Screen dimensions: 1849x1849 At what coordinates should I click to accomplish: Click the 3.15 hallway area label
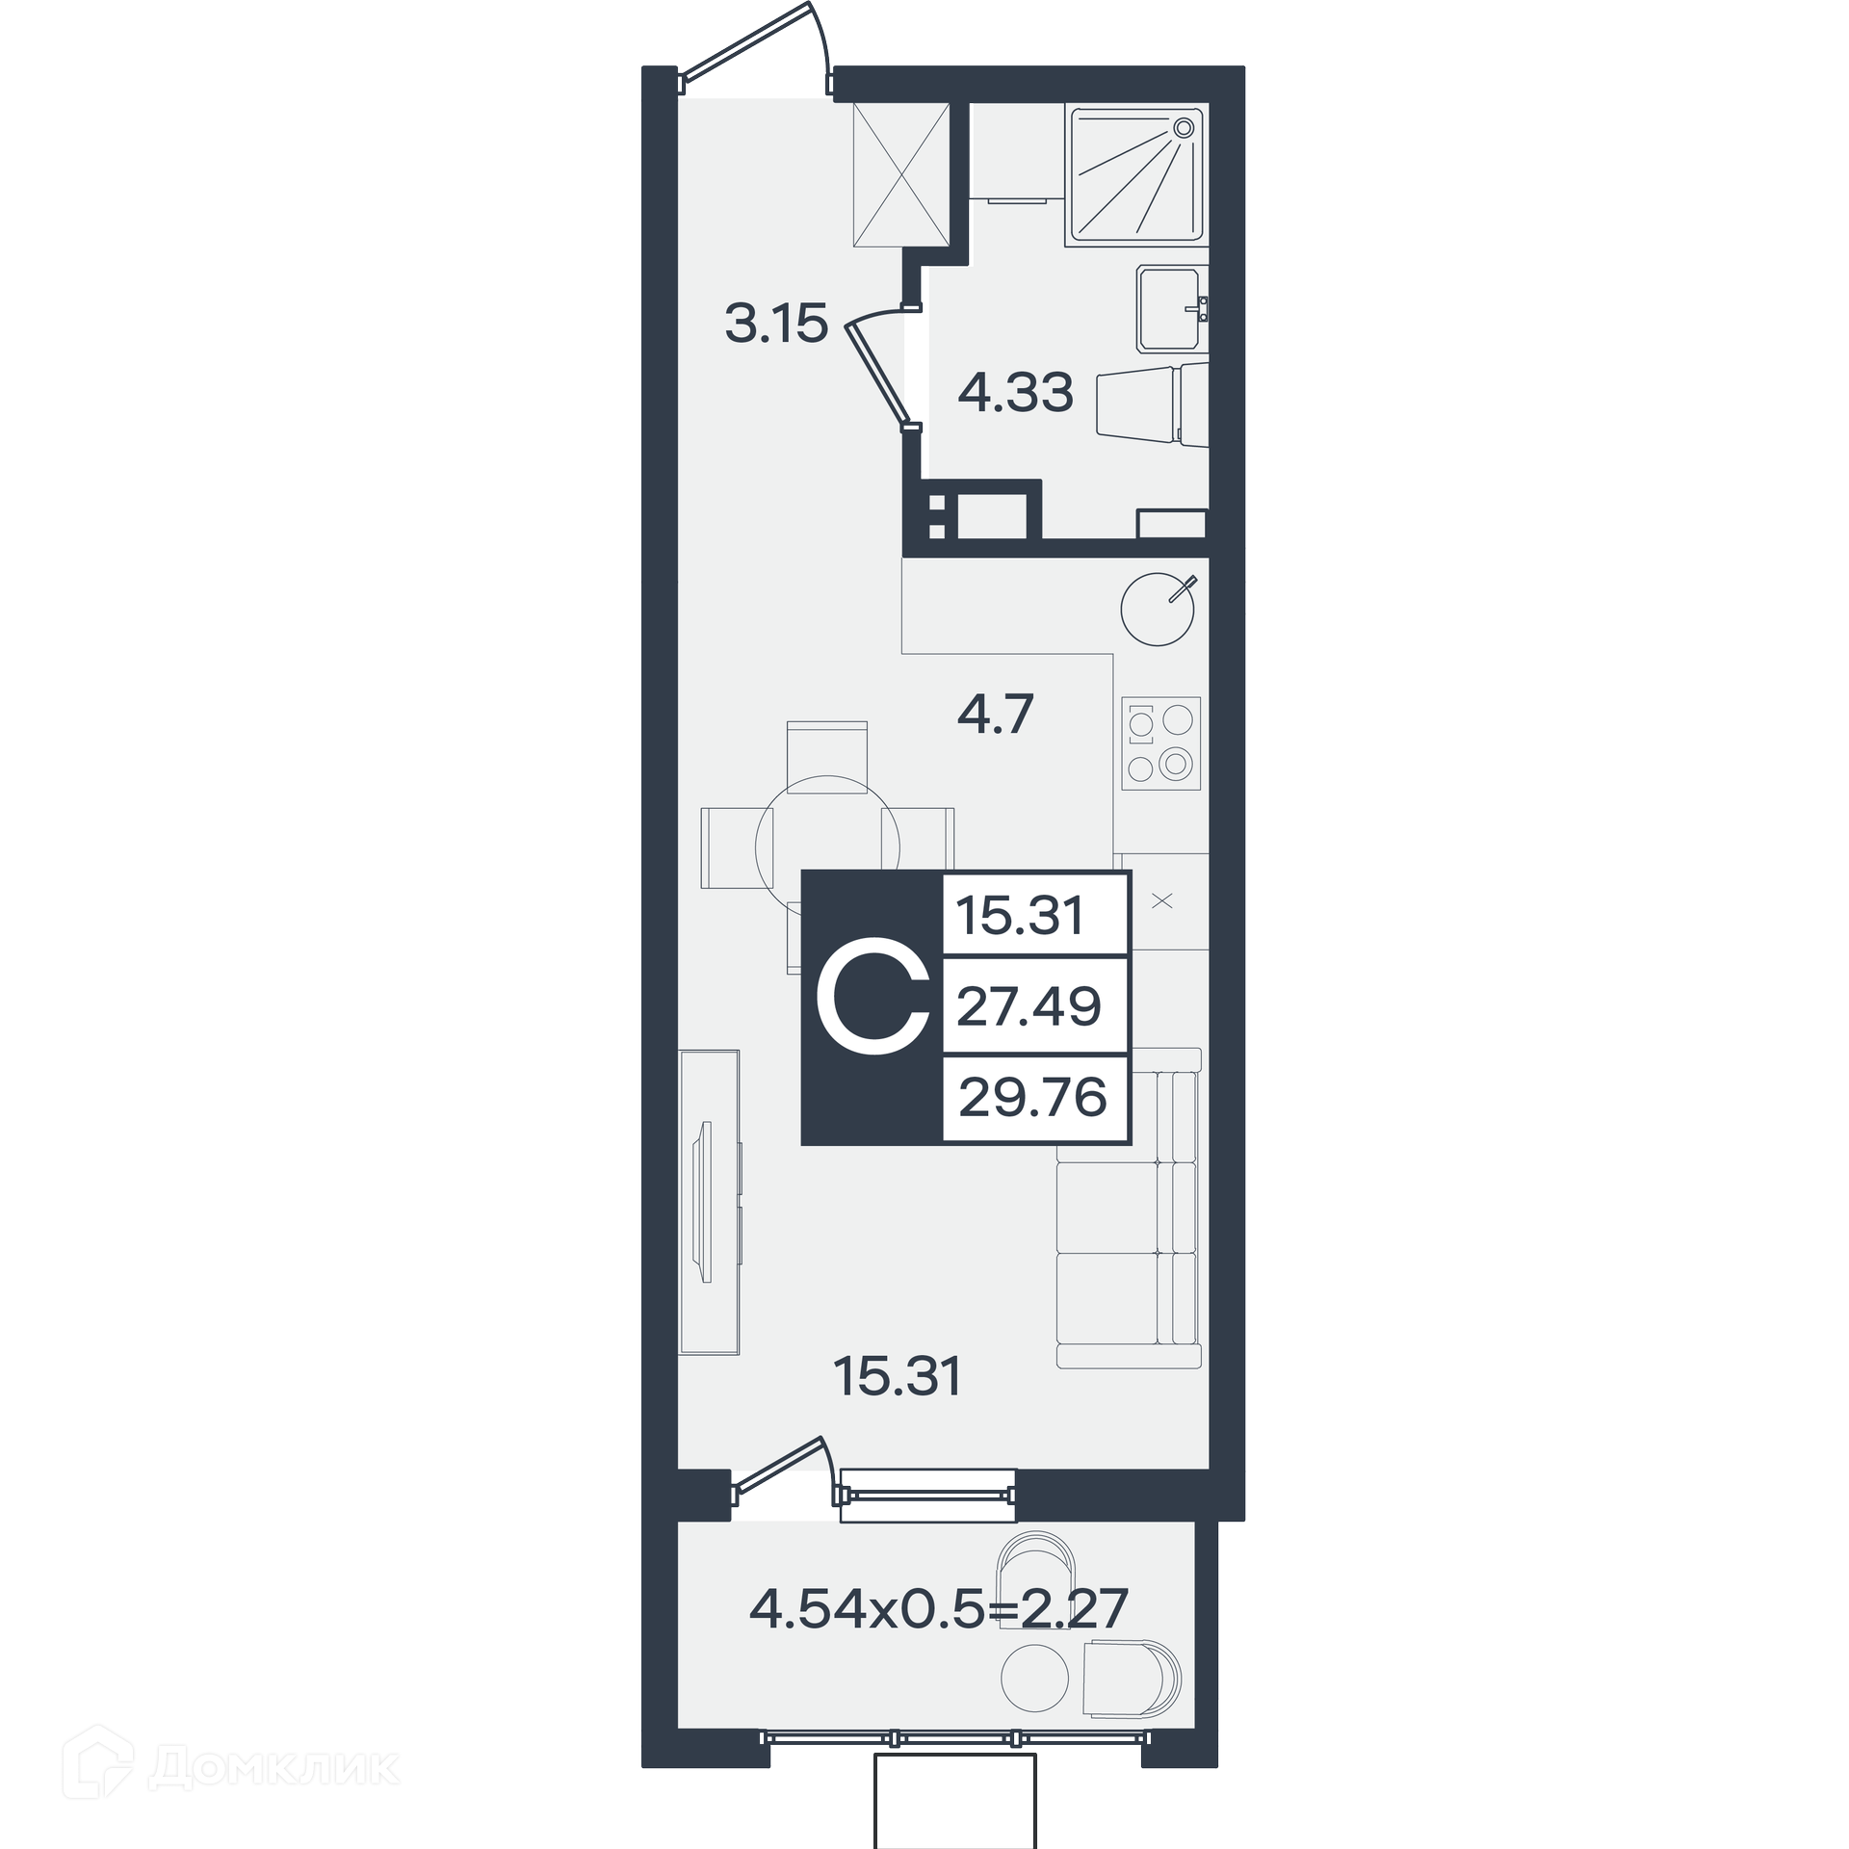coord(776,324)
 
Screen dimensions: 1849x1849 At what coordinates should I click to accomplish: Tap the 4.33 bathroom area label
coord(1015,393)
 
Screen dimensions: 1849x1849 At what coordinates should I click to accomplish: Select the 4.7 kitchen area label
coord(996,715)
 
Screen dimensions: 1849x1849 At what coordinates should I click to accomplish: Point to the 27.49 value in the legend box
coord(1029,1006)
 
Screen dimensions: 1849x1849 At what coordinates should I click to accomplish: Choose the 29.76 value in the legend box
coord(1033,1098)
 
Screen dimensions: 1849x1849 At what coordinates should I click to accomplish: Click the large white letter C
coord(873,1005)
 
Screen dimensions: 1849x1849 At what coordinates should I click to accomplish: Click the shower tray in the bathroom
coord(1137,175)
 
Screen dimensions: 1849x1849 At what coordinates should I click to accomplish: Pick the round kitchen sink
coord(1158,610)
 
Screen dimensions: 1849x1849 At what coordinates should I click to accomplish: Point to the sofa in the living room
coord(1129,1208)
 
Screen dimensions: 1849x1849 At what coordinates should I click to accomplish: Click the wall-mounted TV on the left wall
coord(706,1202)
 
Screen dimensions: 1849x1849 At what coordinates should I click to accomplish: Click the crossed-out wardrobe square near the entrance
coord(901,174)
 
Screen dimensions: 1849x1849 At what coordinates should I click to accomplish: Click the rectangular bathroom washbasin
coord(1169,309)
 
